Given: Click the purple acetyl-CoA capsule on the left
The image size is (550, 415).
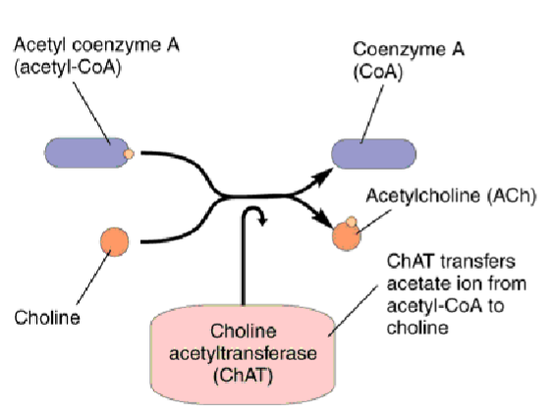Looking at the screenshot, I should pos(86,152).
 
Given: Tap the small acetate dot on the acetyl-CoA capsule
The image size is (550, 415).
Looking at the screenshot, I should pos(128,154).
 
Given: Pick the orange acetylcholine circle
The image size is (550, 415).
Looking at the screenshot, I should pos(347,236).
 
